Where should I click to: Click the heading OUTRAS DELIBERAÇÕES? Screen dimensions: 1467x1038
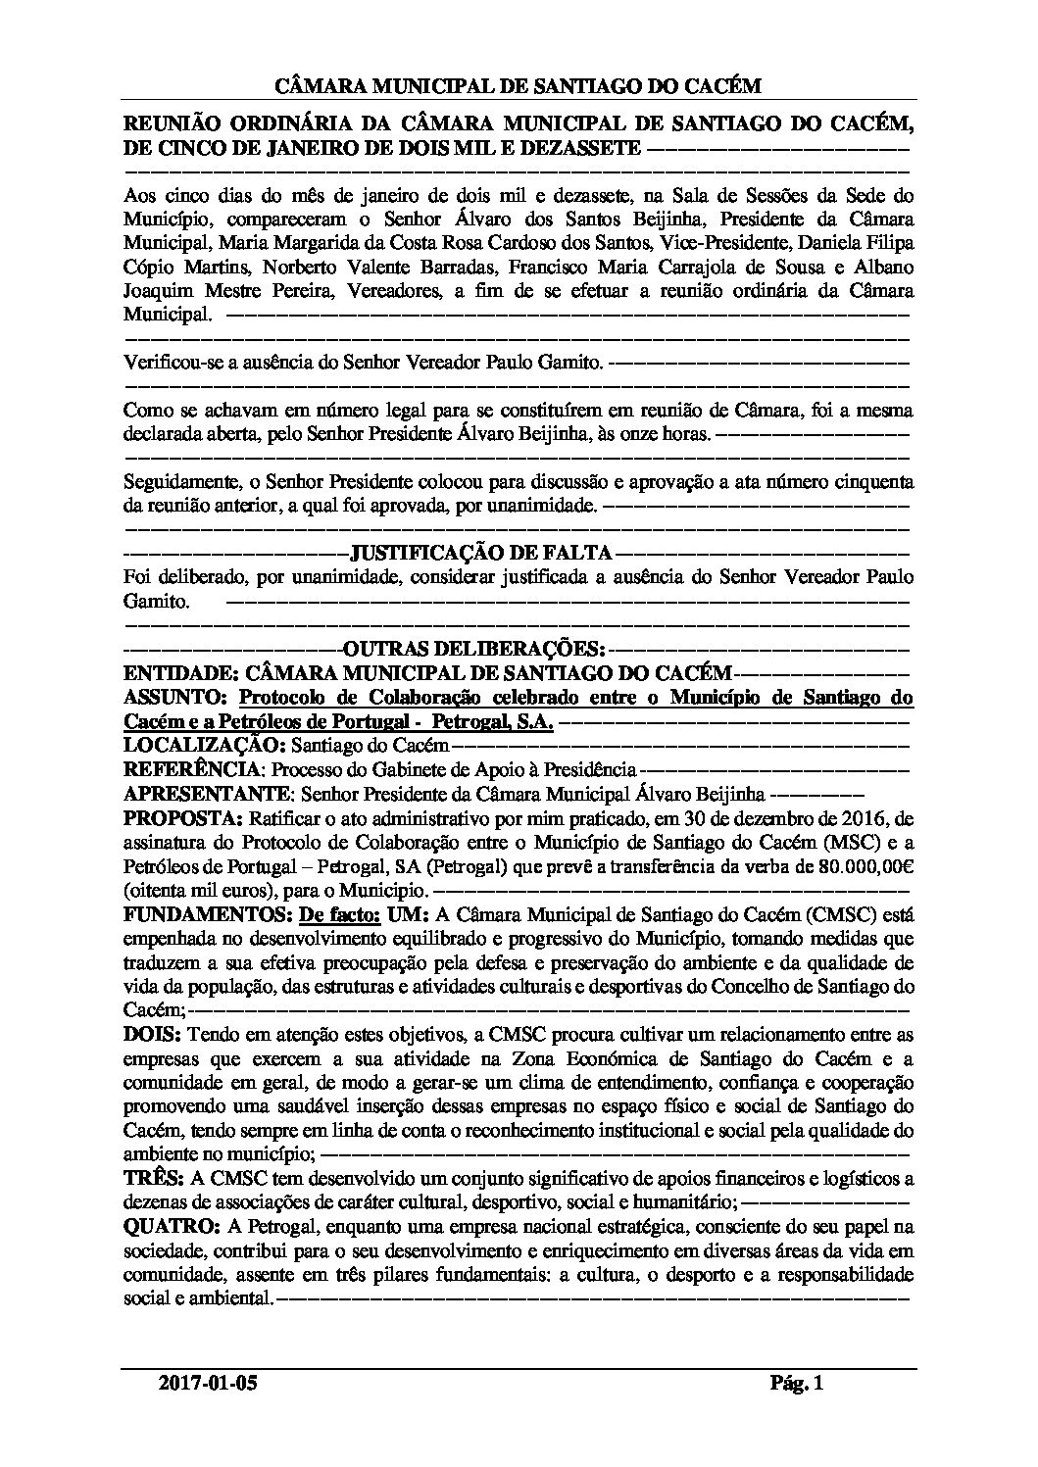pyautogui.click(x=473, y=649)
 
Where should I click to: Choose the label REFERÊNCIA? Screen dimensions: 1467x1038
pyautogui.click(x=193, y=770)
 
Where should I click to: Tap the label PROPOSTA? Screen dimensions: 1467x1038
pyautogui.click(x=183, y=818)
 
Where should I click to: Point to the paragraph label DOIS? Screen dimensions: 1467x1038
pyautogui.click(x=151, y=1035)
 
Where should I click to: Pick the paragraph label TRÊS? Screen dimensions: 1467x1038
pyautogui.click(x=149, y=1179)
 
